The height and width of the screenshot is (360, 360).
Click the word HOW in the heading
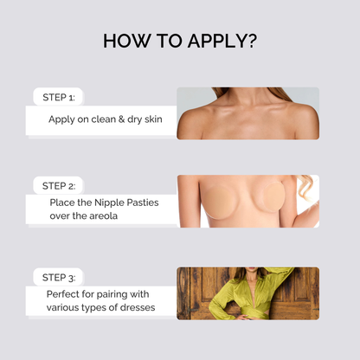(x=127, y=41)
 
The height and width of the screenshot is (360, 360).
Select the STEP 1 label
(x=59, y=97)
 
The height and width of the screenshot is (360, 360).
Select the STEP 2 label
(x=59, y=186)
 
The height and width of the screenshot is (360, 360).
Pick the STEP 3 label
(x=59, y=278)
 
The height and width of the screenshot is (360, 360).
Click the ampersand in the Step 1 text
(x=121, y=119)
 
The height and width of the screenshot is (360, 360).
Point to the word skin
(x=153, y=119)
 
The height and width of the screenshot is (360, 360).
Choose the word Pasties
(x=143, y=202)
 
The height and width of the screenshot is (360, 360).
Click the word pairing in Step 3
(x=112, y=295)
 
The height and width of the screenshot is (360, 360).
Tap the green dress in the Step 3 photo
(x=251, y=297)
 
